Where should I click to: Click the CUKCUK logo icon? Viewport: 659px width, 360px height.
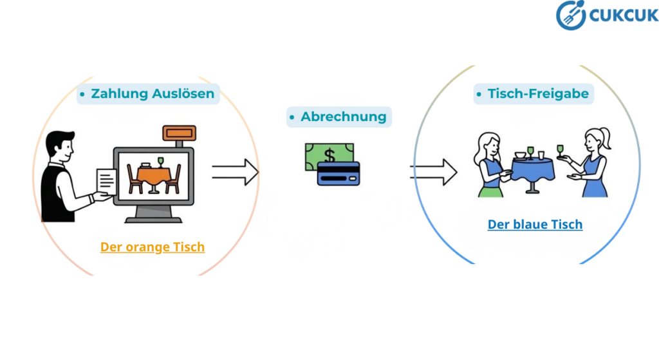[570, 15]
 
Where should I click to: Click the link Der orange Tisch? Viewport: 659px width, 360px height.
[153, 247]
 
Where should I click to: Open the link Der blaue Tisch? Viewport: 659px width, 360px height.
[535, 225]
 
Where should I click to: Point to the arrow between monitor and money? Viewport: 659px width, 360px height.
[235, 172]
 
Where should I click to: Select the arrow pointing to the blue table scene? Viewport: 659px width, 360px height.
[433, 172]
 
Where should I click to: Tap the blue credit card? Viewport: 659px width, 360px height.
[339, 173]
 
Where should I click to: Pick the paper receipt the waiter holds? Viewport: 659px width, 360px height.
[106, 182]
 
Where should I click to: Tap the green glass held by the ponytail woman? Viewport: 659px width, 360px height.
[559, 150]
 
